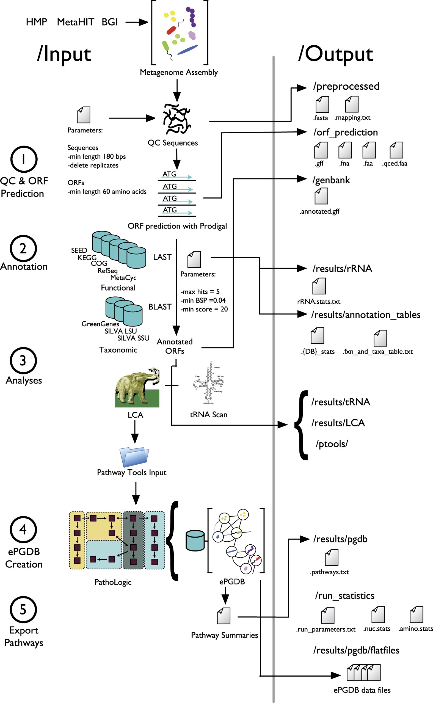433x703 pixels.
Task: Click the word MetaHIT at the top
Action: click(75, 22)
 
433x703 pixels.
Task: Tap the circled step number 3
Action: click(23, 360)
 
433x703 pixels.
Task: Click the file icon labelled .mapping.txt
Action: click(352, 104)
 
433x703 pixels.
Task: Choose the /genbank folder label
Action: click(331, 180)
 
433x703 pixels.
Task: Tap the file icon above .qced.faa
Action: click(396, 150)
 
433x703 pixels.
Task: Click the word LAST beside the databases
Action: click(162, 257)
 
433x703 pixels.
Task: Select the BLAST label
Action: click(160, 307)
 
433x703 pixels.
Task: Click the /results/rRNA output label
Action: click(342, 269)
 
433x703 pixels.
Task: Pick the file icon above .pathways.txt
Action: click(332, 557)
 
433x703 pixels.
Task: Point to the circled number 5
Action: click(23, 610)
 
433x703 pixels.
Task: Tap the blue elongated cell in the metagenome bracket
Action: click(187, 49)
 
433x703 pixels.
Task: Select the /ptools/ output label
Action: click(332, 444)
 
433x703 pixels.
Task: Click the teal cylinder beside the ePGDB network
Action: click(195, 541)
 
